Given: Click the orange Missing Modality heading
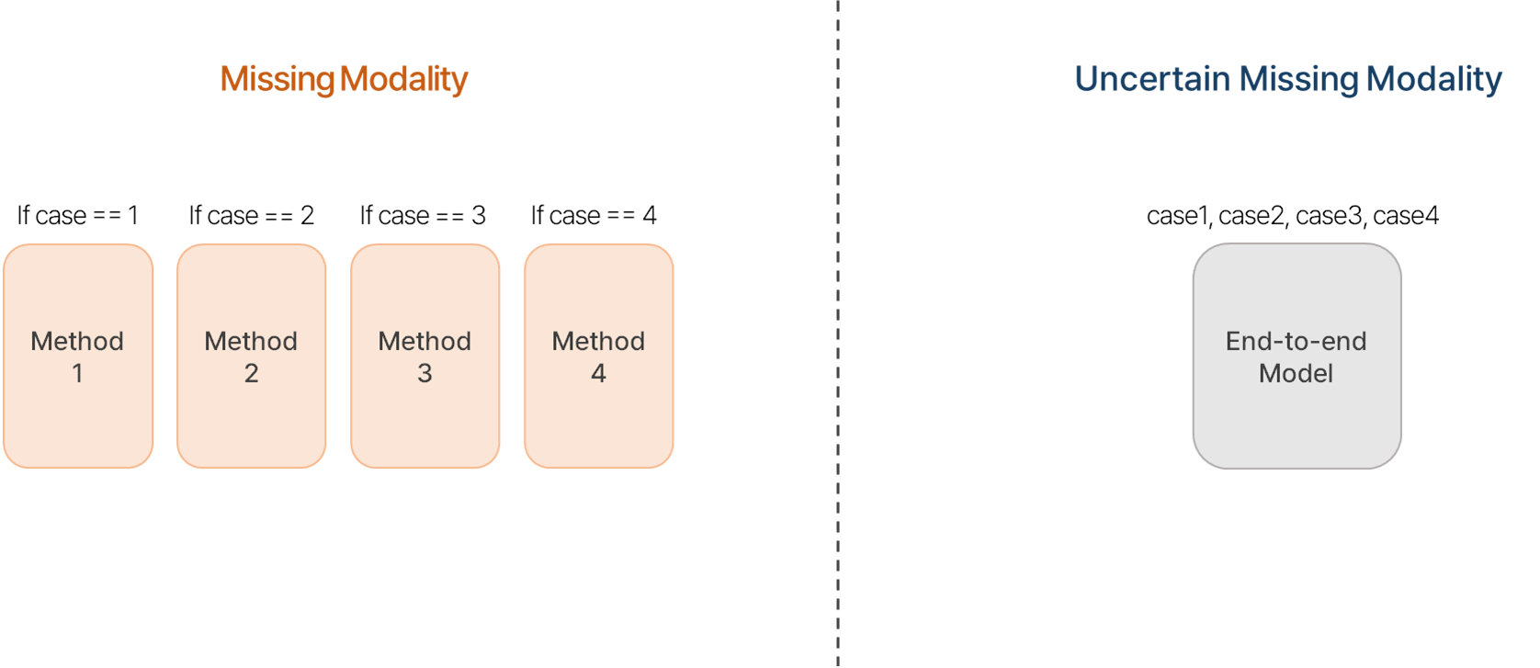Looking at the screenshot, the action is [344, 79].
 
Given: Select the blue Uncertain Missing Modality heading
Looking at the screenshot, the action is [1287, 79].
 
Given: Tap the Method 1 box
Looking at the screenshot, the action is [78, 356].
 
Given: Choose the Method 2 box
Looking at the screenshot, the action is [252, 356].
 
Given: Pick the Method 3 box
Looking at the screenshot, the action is [425, 356].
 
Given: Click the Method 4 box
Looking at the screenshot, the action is [599, 356].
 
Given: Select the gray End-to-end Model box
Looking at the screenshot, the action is [1297, 356].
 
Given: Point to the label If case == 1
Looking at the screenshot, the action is [78, 216].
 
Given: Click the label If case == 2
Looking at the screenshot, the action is [252, 216].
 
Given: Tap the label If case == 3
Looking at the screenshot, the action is [423, 216].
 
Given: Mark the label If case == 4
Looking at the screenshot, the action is [594, 216].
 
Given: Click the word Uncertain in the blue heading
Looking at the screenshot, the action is [1152, 79].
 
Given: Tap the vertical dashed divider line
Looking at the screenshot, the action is [838, 334].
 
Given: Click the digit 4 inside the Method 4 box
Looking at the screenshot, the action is [599, 374].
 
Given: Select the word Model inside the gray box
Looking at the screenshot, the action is [1296, 374].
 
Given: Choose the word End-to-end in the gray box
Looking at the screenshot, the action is [1296, 342].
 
